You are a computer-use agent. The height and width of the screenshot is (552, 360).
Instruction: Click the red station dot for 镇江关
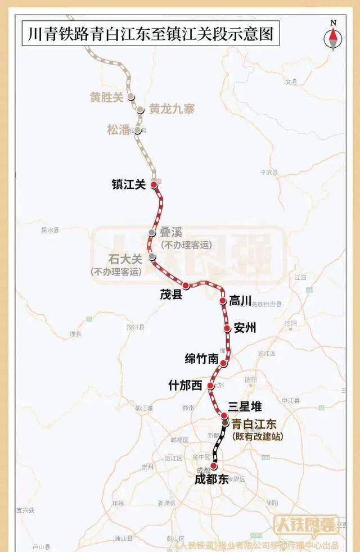154,184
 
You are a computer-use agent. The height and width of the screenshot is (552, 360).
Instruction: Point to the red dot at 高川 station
223,301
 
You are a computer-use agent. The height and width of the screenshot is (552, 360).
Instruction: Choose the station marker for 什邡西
210,386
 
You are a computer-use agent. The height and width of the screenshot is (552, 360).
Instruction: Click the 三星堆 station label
245,406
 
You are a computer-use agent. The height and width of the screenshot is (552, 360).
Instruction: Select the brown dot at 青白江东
224,422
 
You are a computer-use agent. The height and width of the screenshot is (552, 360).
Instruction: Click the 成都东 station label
211,479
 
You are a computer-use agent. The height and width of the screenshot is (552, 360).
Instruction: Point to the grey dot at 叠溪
152,233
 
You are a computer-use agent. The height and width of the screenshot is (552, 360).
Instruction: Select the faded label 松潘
118,130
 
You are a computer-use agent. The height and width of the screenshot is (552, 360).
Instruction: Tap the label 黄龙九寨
172,110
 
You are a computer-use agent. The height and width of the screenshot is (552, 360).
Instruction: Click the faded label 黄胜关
106,97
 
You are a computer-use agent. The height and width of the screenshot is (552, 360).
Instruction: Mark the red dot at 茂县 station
186,286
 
